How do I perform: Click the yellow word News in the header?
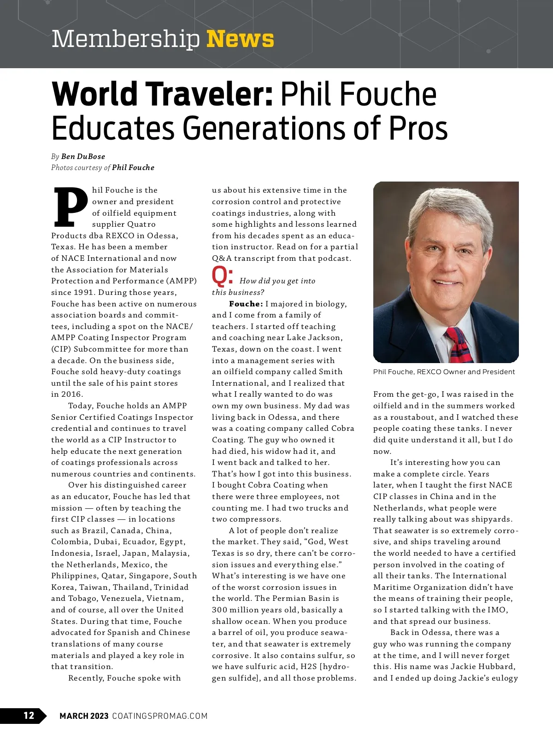pyautogui.click(x=240, y=39)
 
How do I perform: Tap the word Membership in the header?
pyautogui.click(x=125, y=39)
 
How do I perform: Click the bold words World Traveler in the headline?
pyautogui.click(x=162, y=94)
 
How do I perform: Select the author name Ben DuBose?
pyautogui.click(x=83, y=157)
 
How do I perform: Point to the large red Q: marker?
pyautogui.click(x=223, y=276)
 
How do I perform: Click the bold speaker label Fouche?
pyautogui.click(x=246, y=304)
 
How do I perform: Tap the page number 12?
pyautogui.click(x=29, y=715)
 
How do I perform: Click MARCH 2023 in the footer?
pyautogui.click(x=84, y=716)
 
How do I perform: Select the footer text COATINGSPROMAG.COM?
pyautogui.click(x=160, y=716)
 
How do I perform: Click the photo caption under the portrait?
pyautogui.click(x=444, y=372)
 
